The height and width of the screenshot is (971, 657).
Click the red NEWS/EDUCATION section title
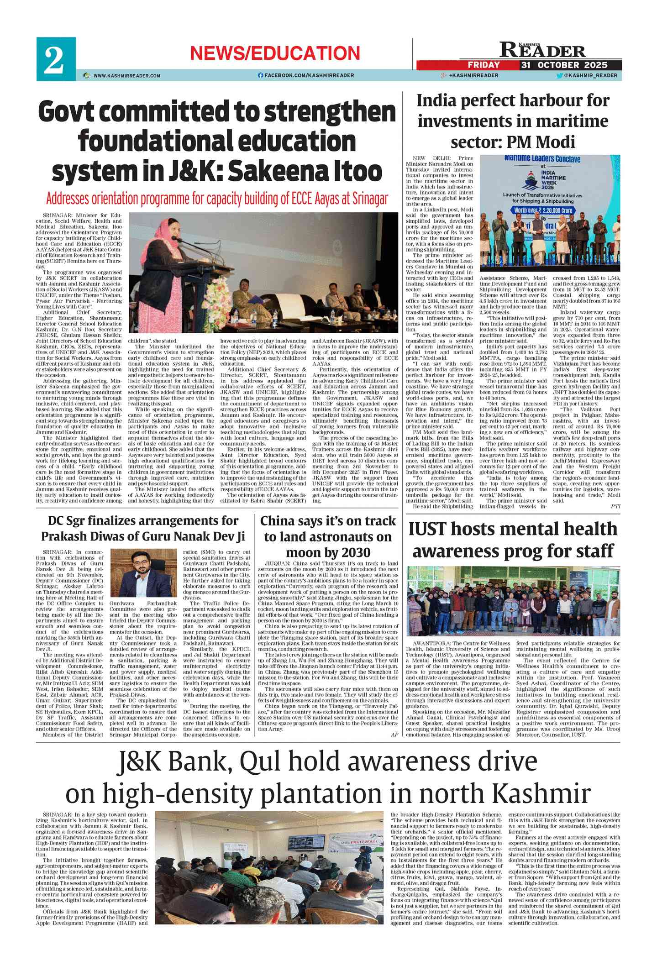(275, 53)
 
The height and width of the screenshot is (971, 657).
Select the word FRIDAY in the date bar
(484, 65)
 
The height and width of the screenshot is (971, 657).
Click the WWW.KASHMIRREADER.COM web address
(126, 76)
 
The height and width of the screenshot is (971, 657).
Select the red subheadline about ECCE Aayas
(217, 199)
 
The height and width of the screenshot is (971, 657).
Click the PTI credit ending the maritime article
(615, 506)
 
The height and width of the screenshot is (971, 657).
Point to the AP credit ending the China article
(394, 735)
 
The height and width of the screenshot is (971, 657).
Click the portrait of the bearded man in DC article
(143, 573)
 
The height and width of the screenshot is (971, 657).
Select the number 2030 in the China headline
(351, 552)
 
